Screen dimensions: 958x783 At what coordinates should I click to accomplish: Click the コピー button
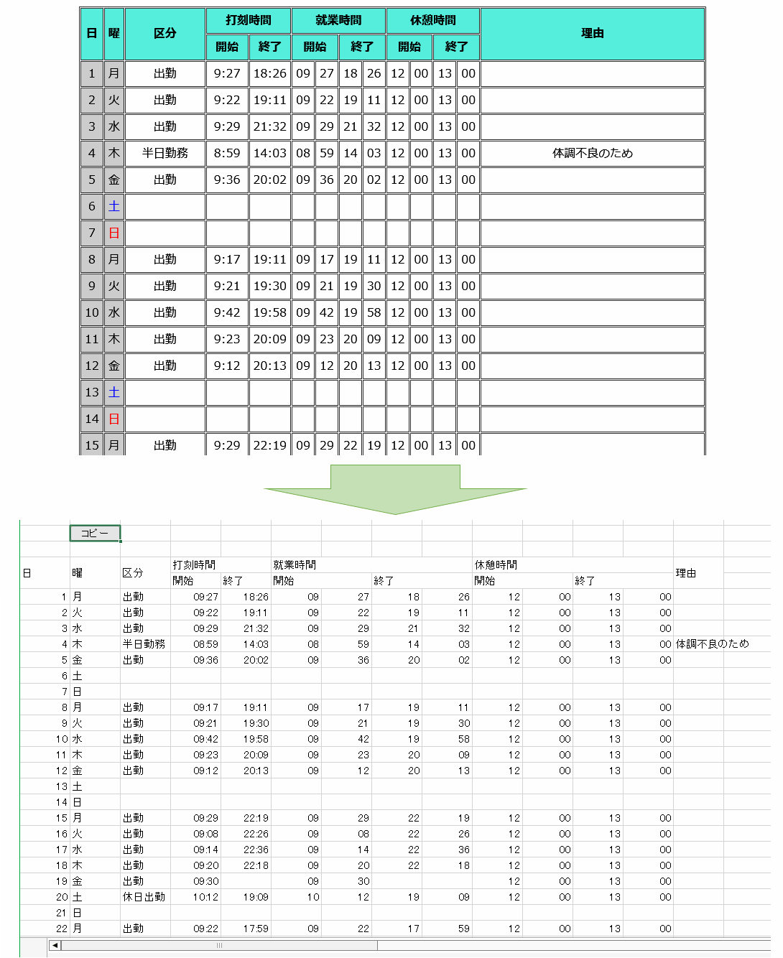coord(95,534)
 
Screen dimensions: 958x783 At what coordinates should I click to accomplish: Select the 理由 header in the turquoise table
coord(592,33)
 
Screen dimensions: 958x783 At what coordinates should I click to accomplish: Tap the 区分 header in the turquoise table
coord(165,33)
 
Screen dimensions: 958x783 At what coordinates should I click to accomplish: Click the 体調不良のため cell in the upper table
coord(592,153)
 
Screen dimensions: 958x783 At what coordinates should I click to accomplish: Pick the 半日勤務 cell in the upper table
coord(165,153)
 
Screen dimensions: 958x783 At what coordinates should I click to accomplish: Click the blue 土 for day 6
coord(113,206)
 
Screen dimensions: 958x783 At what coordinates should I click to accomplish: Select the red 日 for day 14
coord(113,419)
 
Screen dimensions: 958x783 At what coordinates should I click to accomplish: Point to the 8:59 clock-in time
coord(227,153)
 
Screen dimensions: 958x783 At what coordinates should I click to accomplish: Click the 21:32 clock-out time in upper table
coord(269,126)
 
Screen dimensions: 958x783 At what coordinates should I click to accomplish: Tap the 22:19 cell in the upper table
coord(269,445)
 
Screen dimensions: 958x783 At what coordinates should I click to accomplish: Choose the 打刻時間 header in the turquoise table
coord(248,20)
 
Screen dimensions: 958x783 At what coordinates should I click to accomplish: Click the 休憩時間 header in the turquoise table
coord(432,20)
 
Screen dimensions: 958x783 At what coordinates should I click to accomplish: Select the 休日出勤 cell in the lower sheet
coord(144,897)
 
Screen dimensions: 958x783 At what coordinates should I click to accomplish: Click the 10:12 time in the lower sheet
coord(205,897)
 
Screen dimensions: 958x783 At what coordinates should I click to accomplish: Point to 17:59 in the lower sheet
coord(256,929)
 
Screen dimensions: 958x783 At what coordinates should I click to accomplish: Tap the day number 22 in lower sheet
coord(62,929)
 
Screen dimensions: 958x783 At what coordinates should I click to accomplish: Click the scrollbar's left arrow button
coord(55,945)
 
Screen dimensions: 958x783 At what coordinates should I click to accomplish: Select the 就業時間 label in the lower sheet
coord(295,565)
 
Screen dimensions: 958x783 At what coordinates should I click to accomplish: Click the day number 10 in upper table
coord(92,312)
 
